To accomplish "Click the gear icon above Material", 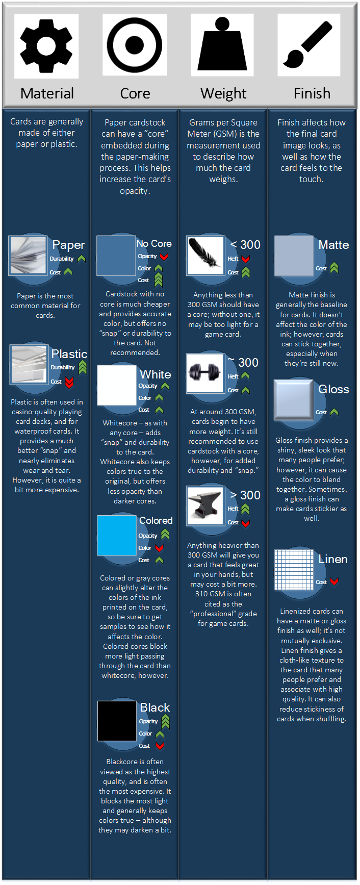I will pyautogui.click(x=46, y=45).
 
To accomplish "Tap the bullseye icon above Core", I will pyautogui.click(x=135, y=45).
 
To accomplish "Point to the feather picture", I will pyautogui.click(x=206, y=256).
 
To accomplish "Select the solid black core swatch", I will pyautogui.click(x=117, y=721).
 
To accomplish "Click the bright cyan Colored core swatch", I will pyautogui.click(x=117, y=535).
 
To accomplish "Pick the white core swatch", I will pyautogui.click(x=117, y=385).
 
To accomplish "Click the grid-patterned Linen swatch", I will pyautogui.click(x=294, y=569).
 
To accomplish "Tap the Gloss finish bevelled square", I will pyautogui.click(x=294, y=399).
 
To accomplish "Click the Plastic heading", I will pyautogui.click(x=69, y=354).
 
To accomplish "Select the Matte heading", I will pyautogui.click(x=333, y=245).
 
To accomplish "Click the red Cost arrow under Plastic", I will pyautogui.click(x=69, y=382).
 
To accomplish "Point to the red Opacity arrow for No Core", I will pyautogui.click(x=164, y=257).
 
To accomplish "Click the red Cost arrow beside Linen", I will pyautogui.click(x=334, y=581).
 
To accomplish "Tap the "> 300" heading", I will pyautogui.click(x=245, y=495).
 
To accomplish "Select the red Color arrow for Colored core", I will pyautogui.click(x=159, y=548).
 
